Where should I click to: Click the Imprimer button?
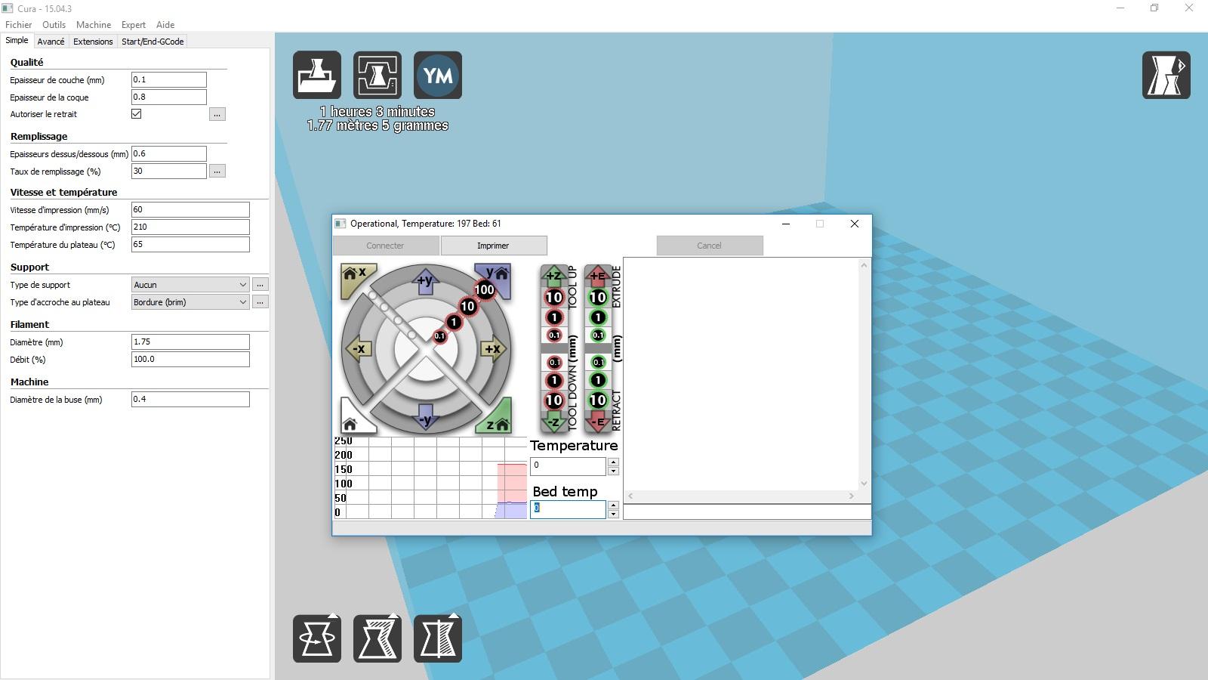click(x=494, y=246)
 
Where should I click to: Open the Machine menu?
click(x=94, y=25)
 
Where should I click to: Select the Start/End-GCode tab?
click(x=153, y=42)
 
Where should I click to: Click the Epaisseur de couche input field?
click(x=169, y=80)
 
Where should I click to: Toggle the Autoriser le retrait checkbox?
click(x=137, y=114)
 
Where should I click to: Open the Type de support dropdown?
click(x=190, y=284)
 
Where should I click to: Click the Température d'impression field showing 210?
click(x=190, y=227)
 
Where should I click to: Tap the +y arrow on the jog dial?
click(x=426, y=281)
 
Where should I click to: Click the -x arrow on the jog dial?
click(x=358, y=348)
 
